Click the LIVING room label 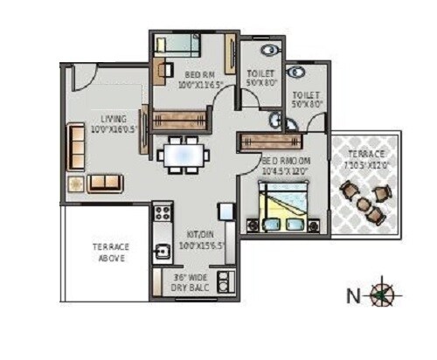pos(113,119)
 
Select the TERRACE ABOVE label pos(111,253)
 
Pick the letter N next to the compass pos(352,295)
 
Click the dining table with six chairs pos(184,156)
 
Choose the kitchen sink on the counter pos(161,253)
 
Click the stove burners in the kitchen pos(161,212)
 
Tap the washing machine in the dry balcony pos(224,282)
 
